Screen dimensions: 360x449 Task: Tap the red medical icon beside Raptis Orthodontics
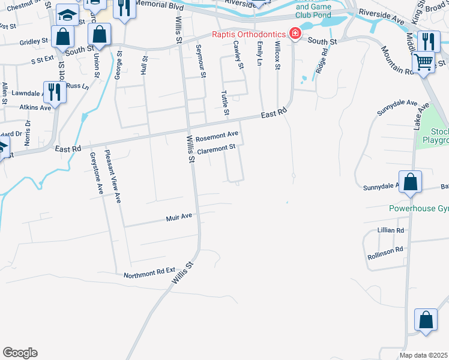point(295,34)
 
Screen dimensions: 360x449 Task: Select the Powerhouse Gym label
point(417,209)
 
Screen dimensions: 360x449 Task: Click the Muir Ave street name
point(178,218)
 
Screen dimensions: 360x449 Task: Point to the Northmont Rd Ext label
point(149,275)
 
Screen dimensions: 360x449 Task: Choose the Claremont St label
point(215,148)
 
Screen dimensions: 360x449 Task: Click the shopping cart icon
point(424,61)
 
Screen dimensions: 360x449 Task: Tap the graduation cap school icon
point(68,14)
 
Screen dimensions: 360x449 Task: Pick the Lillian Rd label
point(391,230)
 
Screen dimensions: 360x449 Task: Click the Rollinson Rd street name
point(385,253)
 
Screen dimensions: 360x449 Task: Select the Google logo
point(20,353)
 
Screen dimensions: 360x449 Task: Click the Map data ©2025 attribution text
point(424,355)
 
